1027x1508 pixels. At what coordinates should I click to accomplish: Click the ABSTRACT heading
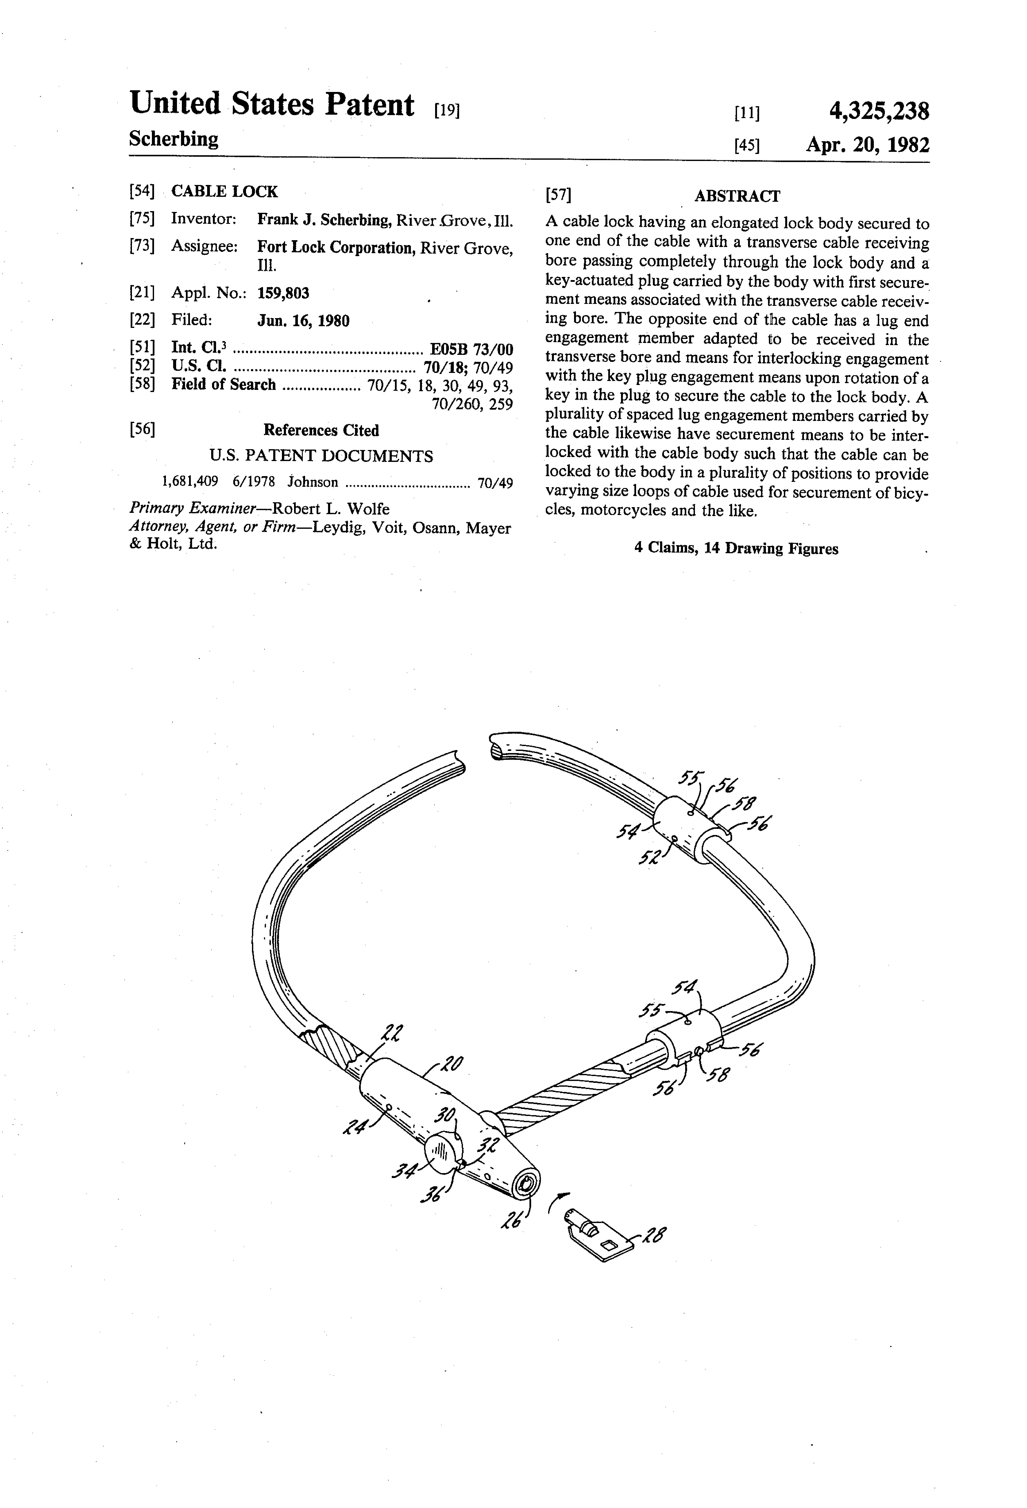(737, 196)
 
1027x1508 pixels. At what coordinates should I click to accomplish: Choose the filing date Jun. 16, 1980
(303, 320)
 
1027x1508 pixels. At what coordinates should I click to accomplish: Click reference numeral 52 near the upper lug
(648, 858)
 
